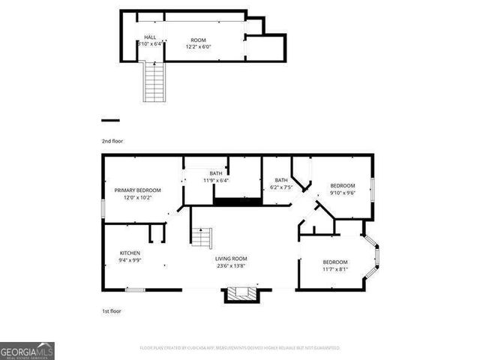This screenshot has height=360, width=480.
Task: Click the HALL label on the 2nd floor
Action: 150,37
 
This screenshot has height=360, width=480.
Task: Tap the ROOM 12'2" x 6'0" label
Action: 198,40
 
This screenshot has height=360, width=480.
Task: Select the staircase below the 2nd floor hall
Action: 153,82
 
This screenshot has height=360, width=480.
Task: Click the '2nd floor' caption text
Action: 112,141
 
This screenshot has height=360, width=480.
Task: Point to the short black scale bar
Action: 110,120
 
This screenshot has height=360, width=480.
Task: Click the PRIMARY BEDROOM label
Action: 137,190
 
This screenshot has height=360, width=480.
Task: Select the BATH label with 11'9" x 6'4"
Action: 216,173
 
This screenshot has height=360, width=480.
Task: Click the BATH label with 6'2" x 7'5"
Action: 281,180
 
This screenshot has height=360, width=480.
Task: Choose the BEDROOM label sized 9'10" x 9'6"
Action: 342,185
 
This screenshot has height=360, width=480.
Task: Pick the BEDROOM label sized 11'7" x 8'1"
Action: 335,262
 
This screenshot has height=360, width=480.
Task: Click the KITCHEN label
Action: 130,253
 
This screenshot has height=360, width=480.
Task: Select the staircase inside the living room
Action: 200,237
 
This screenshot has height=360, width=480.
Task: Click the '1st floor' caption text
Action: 111,310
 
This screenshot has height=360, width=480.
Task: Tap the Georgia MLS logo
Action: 27,351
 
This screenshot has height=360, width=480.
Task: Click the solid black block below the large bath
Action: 237,200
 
